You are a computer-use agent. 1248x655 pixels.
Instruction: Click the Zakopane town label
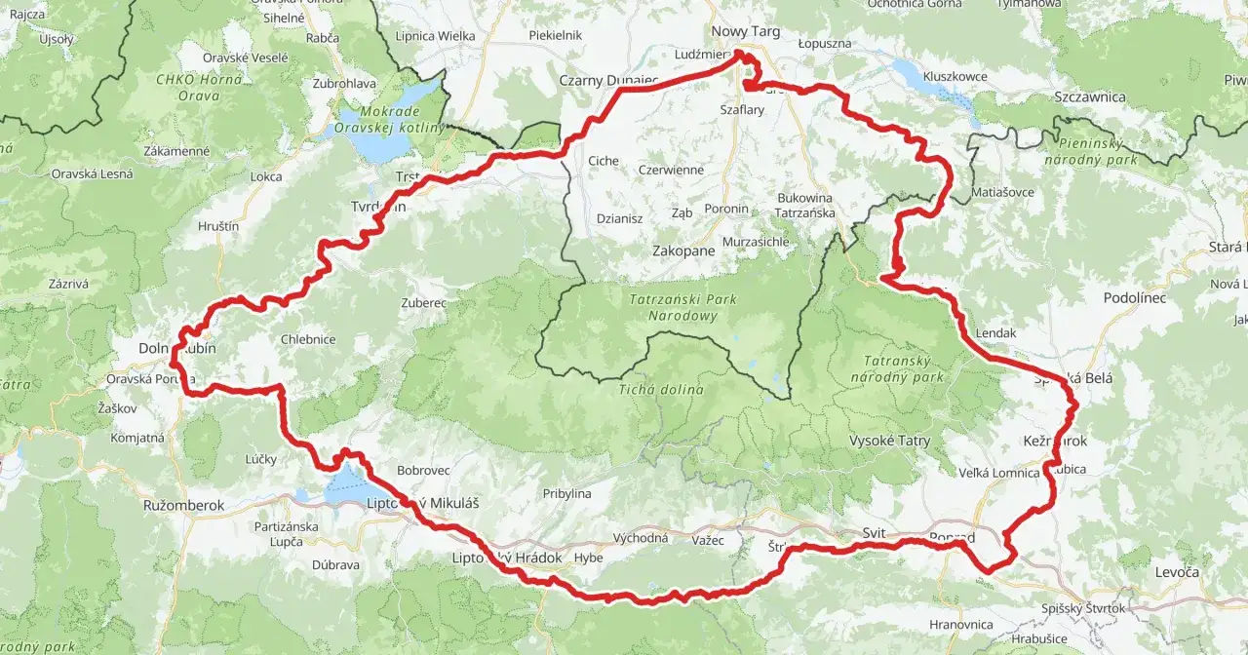click(683, 250)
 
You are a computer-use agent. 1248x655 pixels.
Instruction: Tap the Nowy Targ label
click(746, 31)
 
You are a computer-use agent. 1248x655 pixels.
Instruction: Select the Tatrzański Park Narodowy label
click(682, 308)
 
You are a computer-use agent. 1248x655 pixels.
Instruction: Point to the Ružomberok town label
click(183, 506)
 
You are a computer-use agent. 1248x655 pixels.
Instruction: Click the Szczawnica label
click(1090, 96)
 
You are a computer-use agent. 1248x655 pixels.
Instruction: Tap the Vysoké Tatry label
click(889, 441)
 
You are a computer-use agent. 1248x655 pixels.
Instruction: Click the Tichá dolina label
click(660, 390)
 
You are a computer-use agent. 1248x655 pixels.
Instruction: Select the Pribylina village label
click(567, 493)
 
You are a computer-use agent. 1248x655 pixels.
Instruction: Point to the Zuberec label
click(423, 303)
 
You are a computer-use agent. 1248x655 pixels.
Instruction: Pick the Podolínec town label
click(1135, 297)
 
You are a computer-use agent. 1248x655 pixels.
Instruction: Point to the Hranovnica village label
click(961, 624)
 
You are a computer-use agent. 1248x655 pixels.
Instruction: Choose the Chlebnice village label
click(308, 339)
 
